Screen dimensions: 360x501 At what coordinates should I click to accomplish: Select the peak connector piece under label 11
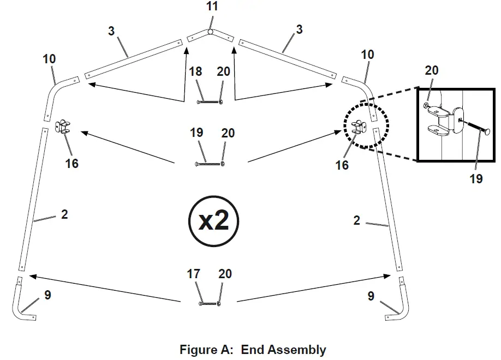click(x=211, y=35)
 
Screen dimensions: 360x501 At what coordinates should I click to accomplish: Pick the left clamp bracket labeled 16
click(x=64, y=127)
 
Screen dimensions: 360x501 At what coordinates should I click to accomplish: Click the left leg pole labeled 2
click(x=31, y=199)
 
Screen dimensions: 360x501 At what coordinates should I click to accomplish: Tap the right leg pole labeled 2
click(x=389, y=199)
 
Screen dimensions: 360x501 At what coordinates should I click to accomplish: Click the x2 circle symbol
click(x=214, y=221)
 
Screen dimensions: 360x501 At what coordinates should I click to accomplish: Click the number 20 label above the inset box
click(x=431, y=70)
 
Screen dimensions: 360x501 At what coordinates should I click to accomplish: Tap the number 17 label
click(x=194, y=274)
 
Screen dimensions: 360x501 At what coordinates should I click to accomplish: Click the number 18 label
click(x=195, y=72)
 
